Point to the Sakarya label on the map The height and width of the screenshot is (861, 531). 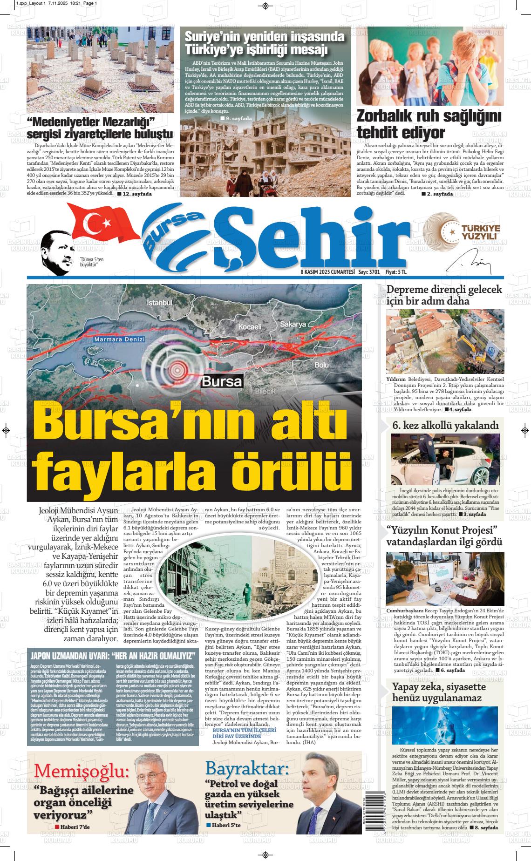[x=293, y=324]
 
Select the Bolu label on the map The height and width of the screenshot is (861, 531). [x=321, y=365]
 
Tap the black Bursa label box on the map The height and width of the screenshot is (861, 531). [x=222, y=382]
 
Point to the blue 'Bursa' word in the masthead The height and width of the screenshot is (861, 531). [x=172, y=233]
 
